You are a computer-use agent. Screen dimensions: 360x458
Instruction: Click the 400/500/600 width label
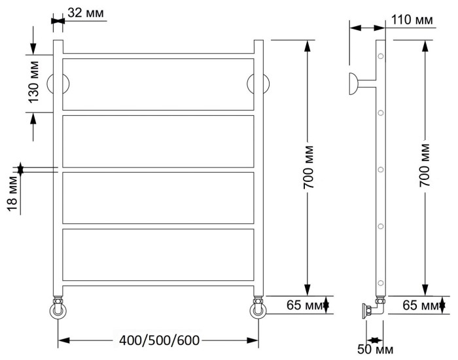point(160,340)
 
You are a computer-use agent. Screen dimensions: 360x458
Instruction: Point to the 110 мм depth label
point(411,20)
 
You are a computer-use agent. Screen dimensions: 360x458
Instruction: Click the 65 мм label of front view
point(304,304)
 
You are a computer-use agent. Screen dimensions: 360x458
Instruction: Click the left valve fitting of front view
point(58,308)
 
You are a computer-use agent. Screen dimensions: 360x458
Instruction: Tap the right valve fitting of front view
point(258,308)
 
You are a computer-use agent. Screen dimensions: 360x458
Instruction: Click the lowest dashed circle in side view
point(379,283)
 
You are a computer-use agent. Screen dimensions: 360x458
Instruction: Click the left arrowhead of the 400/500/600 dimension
point(63,340)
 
